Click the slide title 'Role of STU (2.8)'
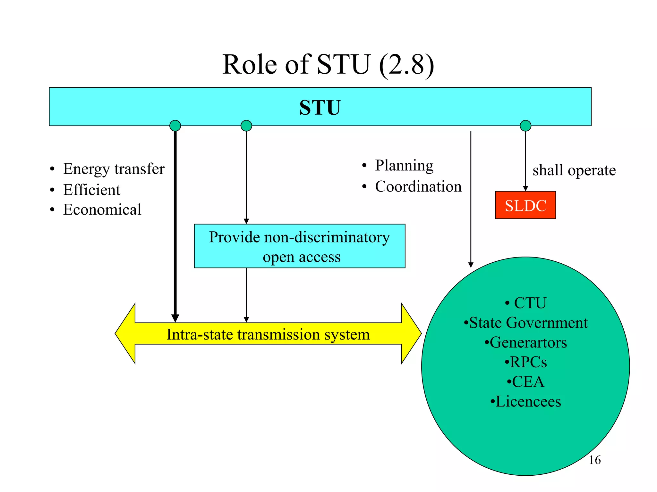pos(328,65)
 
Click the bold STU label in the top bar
pos(320,108)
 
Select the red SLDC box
pos(525,205)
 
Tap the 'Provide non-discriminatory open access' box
pos(300,246)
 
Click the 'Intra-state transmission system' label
pos(268,334)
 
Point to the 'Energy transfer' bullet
pos(114,169)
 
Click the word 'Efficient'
pos(91,190)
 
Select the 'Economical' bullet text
pos(102,209)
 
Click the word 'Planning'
pos(404,166)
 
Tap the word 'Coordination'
pos(418,186)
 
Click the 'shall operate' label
pos(574,170)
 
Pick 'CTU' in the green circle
pos(530,303)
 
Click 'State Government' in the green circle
pos(528,323)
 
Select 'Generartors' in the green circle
pos(528,342)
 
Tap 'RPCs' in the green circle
pos(528,362)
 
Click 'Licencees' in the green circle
pos(528,402)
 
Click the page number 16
pos(594,460)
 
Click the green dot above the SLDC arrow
pos(525,126)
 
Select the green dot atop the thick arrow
pos(175,126)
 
